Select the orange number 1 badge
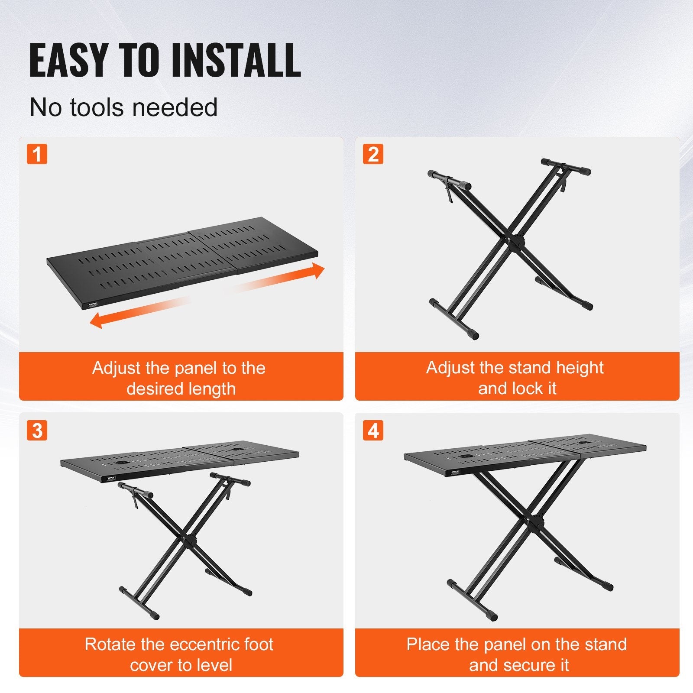point(37,154)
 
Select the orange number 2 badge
point(373,154)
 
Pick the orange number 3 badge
point(37,431)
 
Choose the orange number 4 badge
point(373,431)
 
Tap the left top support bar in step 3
point(136,489)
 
